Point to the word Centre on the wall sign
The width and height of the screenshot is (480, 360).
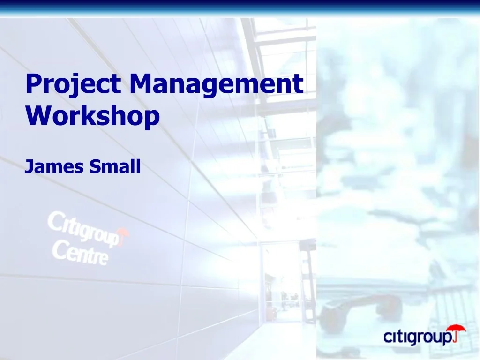pyautogui.click(x=80, y=253)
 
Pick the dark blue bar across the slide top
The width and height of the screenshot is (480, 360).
pyautogui.click(x=240, y=7)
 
